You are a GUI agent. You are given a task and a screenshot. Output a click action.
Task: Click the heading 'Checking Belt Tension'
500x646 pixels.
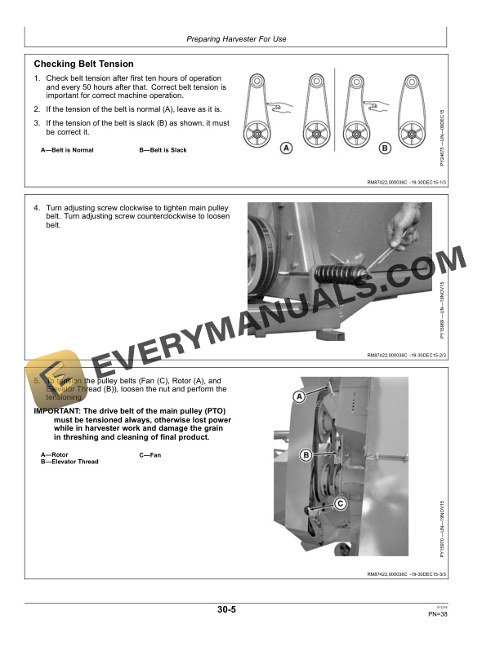[83, 64]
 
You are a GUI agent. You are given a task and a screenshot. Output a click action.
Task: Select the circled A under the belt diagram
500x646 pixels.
[286, 148]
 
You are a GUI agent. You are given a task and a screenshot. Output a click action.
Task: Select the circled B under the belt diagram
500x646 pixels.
[385, 148]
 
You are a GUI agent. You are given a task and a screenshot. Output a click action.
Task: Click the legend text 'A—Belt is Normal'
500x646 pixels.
[67, 150]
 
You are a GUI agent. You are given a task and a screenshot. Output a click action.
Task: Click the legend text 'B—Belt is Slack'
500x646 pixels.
[163, 150]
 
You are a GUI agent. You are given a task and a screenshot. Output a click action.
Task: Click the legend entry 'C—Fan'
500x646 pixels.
[150, 454]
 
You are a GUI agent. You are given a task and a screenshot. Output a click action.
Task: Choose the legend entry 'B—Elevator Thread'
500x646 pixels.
[69, 462]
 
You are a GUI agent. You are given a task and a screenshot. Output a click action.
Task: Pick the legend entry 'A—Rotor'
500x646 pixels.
[55, 454]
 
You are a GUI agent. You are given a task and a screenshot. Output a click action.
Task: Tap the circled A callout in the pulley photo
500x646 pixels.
[299, 396]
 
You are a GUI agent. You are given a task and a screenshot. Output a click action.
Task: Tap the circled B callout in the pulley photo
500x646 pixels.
[306, 454]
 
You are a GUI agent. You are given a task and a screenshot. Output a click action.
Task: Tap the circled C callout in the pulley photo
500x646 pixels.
[340, 504]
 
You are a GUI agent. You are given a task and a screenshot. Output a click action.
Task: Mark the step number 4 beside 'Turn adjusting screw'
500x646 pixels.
[37, 209]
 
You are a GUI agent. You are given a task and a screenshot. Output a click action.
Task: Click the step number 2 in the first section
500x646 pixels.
[37, 108]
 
